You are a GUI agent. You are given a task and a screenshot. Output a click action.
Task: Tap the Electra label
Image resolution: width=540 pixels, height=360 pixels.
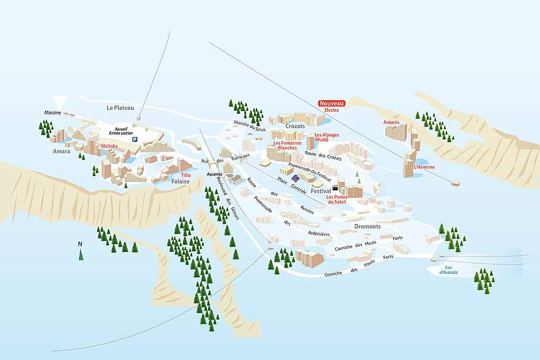[x=332, y=111]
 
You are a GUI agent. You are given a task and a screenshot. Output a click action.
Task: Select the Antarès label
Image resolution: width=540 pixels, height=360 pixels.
[x=392, y=122]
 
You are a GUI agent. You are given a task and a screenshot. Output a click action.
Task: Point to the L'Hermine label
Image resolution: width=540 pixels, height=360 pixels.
[x=424, y=167]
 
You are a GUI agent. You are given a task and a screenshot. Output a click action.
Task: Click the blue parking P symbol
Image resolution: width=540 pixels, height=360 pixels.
[x=134, y=139]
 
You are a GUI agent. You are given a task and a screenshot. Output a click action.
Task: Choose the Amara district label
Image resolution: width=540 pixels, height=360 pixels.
[x=62, y=151]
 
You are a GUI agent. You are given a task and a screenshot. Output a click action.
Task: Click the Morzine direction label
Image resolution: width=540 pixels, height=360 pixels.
[x=53, y=113]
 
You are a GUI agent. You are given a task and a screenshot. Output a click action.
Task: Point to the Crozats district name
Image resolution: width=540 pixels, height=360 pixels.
[x=295, y=127]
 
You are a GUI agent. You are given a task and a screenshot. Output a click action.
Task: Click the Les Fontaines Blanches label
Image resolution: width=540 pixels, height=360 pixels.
[x=285, y=145]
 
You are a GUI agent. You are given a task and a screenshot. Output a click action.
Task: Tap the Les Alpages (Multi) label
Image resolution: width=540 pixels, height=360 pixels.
[x=327, y=138]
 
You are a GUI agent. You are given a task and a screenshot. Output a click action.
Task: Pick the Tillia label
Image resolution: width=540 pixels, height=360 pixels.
[x=186, y=175]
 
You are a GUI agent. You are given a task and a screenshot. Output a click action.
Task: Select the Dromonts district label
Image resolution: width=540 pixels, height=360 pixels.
[x=367, y=226]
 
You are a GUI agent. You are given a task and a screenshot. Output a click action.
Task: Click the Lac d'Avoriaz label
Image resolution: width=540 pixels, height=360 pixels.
[x=448, y=270]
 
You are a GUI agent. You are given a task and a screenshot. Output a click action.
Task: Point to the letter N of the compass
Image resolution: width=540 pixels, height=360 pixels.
[x=80, y=244]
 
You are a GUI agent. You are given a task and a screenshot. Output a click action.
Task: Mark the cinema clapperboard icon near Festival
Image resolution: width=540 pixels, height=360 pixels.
[x=335, y=186]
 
